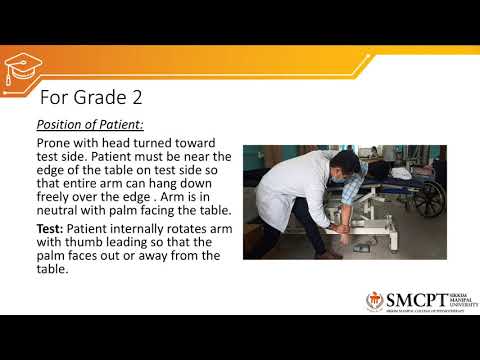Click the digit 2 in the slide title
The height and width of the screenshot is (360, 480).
tap(133, 98)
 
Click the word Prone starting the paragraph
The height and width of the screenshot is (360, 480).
tap(54, 144)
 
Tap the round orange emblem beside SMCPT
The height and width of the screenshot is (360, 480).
tap(375, 302)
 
